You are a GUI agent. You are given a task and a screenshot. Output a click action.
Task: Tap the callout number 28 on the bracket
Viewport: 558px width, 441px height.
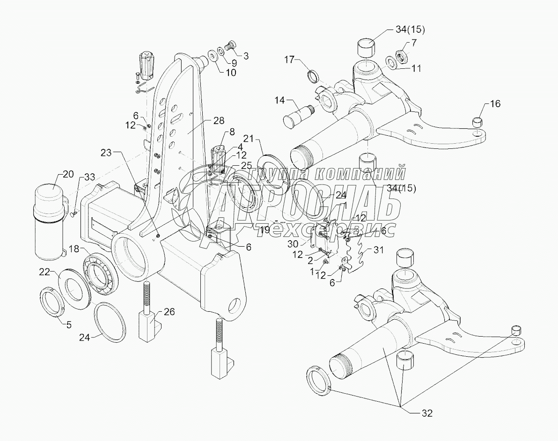click(219, 121)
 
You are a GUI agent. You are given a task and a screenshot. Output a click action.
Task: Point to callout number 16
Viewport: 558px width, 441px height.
click(495, 103)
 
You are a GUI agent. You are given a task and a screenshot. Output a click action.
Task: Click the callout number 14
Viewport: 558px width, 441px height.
click(280, 100)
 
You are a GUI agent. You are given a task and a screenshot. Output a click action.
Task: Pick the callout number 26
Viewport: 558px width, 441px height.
click(169, 312)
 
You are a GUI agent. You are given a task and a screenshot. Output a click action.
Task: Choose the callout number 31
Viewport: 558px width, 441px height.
click(378, 250)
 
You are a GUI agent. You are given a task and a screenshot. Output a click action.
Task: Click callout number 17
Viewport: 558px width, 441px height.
click(289, 59)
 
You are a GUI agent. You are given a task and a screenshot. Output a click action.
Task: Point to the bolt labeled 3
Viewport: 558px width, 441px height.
click(231, 46)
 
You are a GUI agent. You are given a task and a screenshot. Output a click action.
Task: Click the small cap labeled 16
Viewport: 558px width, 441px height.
click(477, 122)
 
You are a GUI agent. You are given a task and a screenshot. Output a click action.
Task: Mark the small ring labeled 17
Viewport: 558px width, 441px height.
click(312, 76)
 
